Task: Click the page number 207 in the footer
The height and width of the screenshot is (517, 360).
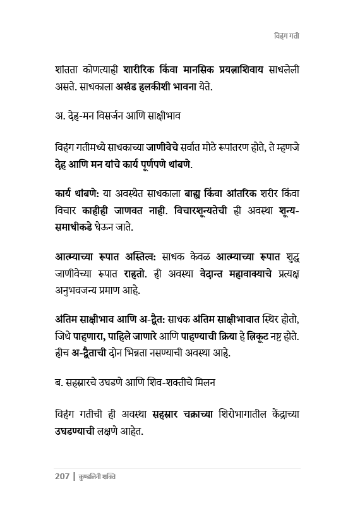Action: point(62,477)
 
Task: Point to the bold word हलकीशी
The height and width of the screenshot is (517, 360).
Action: point(169,86)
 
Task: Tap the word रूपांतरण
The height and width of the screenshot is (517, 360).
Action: point(237,147)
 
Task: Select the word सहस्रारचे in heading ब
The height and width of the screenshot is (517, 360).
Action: point(88,384)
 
